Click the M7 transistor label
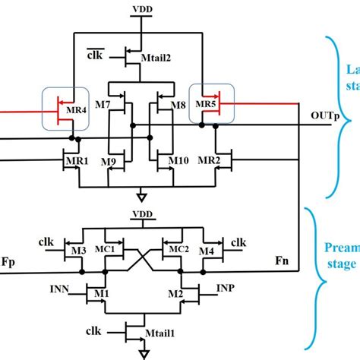[x=106, y=103]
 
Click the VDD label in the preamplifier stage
[x=141, y=214]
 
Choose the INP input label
[x=226, y=289]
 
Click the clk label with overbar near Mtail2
[x=95, y=55]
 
